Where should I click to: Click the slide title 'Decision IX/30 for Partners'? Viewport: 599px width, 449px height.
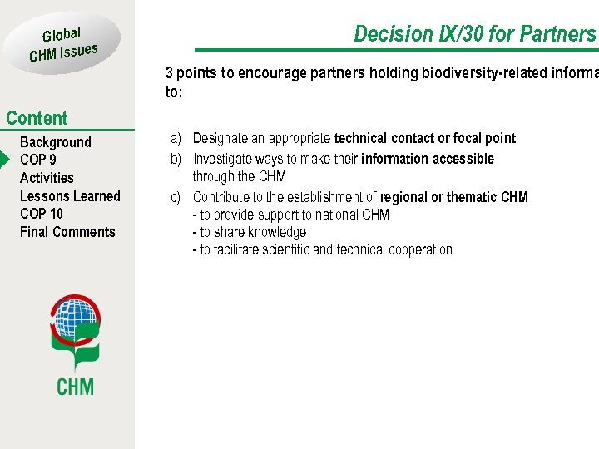[x=475, y=34]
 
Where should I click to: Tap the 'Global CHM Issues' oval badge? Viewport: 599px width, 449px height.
[x=64, y=44]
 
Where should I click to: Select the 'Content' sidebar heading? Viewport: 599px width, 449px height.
[x=37, y=118]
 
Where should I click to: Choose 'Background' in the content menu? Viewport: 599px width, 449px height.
[x=55, y=142]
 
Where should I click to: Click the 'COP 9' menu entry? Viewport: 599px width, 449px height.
[x=38, y=160]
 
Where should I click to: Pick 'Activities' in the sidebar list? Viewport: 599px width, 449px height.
[x=47, y=178]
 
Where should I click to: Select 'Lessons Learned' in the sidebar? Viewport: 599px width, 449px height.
[x=70, y=196]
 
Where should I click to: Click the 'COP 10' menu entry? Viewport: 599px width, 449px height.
[x=42, y=214]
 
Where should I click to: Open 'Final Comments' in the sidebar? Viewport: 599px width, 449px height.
[x=67, y=232]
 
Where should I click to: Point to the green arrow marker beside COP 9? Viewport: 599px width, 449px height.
[x=4, y=160]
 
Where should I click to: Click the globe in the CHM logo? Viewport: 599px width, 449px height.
[x=75, y=318]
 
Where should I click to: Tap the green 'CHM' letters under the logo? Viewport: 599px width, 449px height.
[x=75, y=387]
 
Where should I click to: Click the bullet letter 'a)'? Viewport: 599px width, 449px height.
[x=176, y=138]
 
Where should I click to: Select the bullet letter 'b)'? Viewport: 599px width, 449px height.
[x=176, y=159]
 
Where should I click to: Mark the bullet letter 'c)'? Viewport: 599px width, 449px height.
[x=176, y=197]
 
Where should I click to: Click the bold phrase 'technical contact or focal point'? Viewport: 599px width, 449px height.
[x=424, y=138]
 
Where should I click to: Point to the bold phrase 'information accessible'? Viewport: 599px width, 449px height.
[x=428, y=159]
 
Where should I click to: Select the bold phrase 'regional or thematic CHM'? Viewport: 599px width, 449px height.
[x=453, y=197]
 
